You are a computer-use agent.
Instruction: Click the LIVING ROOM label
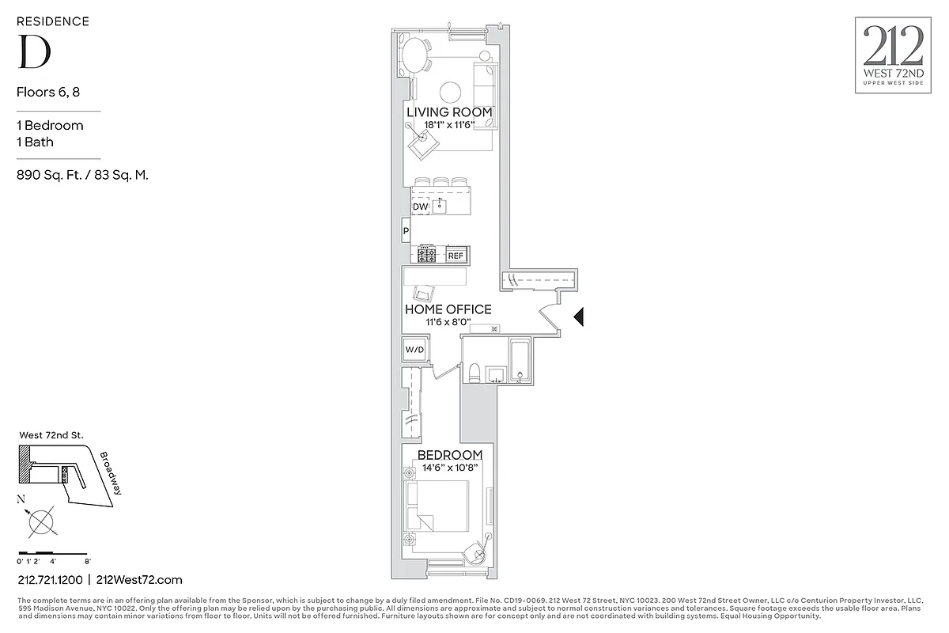tap(449, 112)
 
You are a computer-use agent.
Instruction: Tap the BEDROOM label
tap(449, 455)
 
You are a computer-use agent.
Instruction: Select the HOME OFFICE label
tap(448, 309)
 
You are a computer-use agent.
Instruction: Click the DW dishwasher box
tap(420, 207)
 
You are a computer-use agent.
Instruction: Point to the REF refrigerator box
tap(456, 256)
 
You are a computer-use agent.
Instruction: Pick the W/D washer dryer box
tap(414, 349)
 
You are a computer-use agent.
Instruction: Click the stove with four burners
tap(428, 255)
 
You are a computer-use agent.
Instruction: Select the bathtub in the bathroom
tap(520, 361)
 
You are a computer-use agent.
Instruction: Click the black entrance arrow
tap(578, 317)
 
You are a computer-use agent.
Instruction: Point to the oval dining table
tap(415, 56)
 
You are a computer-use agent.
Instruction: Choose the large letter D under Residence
tap(34, 52)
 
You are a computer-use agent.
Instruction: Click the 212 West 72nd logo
tap(893, 55)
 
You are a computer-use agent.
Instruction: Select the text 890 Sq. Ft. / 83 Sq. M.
tap(82, 176)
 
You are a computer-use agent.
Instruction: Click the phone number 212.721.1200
tap(50, 580)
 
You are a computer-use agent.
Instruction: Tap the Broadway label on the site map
tap(111, 473)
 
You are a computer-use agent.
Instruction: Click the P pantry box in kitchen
tap(406, 231)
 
